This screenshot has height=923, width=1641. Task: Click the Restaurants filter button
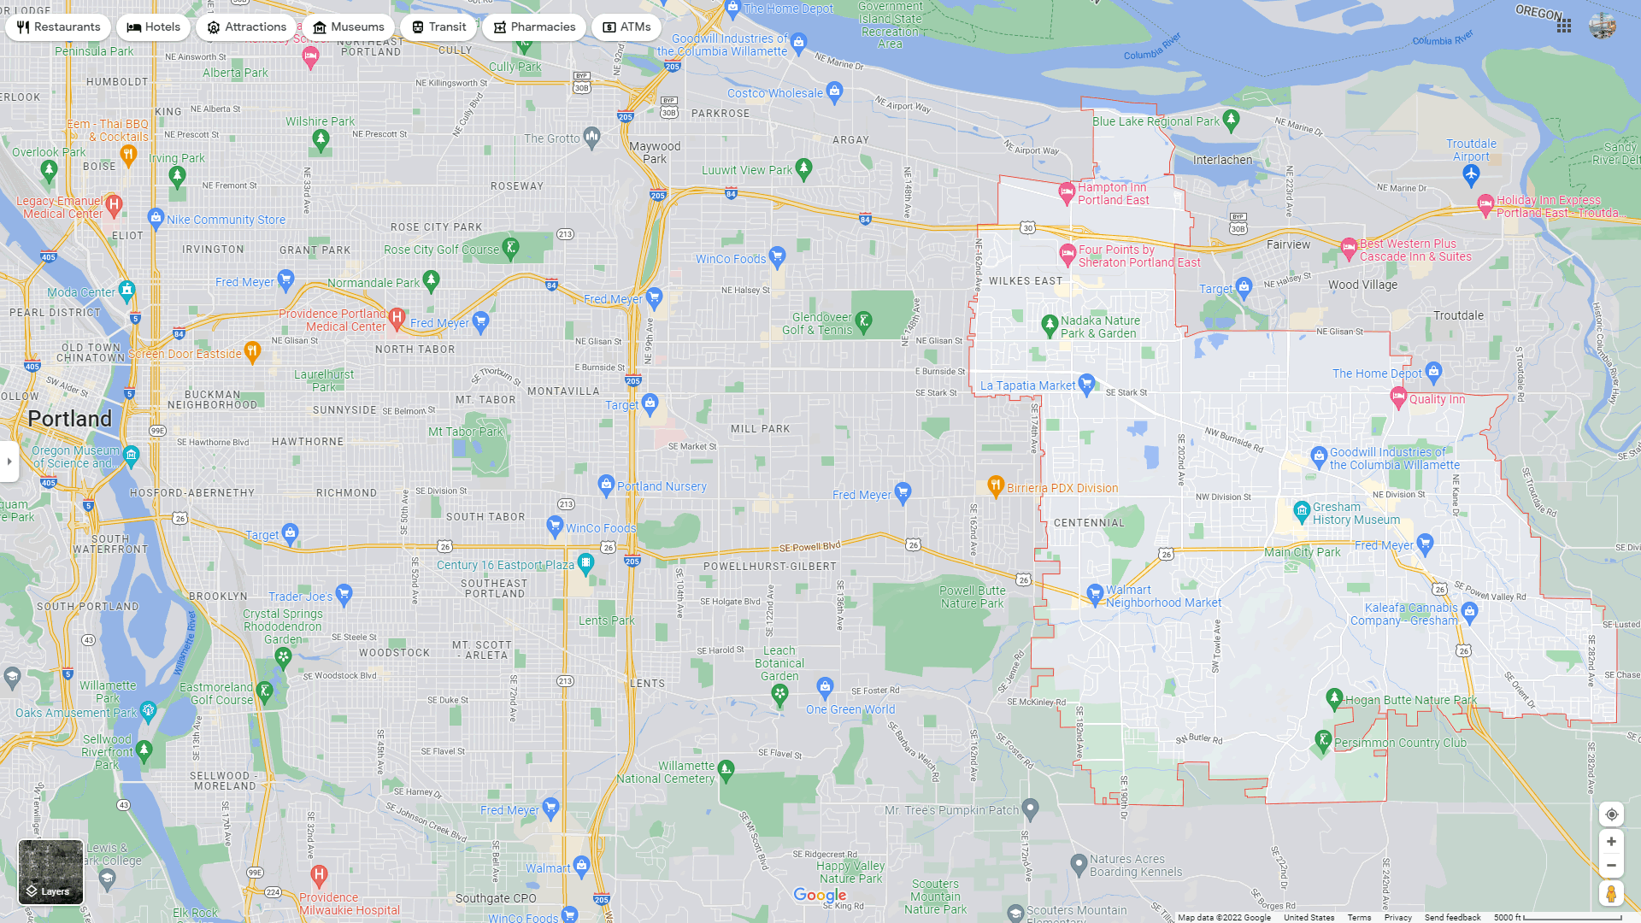click(58, 27)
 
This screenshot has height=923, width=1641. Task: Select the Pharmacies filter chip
click(534, 27)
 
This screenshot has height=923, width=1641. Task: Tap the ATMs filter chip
click(626, 27)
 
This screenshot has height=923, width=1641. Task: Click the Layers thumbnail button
click(51, 872)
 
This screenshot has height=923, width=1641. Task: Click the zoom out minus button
click(1611, 866)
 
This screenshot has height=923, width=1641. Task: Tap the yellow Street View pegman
click(1611, 894)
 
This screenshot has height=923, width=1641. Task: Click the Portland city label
click(70, 419)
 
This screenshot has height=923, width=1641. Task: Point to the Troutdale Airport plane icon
click(1471, 174)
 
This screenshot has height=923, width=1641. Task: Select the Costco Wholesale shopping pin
click(835, 91)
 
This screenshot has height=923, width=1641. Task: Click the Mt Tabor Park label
click(466, 432)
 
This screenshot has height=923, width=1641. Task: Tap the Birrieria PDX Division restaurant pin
click(995, 486)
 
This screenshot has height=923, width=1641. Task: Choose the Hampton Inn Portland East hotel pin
click(1067, 192)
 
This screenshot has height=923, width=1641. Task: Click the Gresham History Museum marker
click(1302, 511)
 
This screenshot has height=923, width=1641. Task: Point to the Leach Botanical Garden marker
click(779, 694)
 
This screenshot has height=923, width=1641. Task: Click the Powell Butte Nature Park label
click(972, 597)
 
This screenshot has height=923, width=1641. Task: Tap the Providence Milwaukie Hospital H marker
click(319, 874)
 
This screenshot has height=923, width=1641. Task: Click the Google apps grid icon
click(1564, 26)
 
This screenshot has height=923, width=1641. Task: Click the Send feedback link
click(1452, 918)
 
